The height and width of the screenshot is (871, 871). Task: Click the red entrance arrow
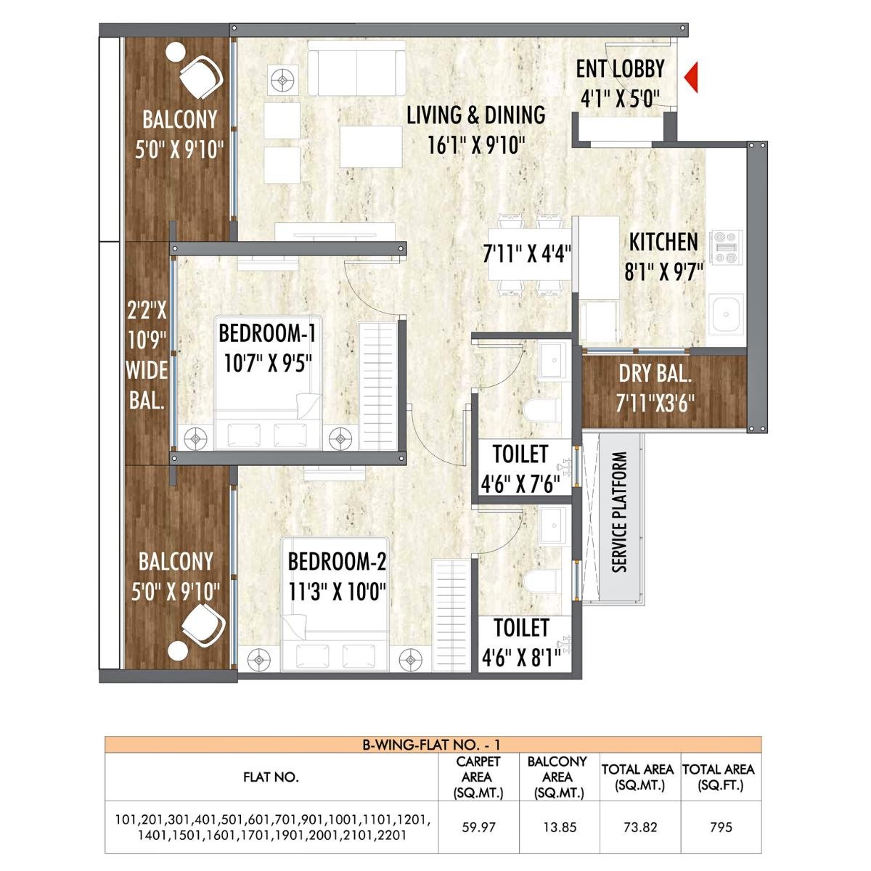click(x=692, y=78)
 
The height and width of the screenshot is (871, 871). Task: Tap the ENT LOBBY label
click(x=620, y=69)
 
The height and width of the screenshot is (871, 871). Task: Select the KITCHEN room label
click(x=663, y=242)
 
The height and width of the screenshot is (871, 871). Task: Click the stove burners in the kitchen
click(x=726, y=248)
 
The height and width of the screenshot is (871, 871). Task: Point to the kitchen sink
click(x=726, y=314)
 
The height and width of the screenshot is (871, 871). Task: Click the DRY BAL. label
click(x=655, y=375)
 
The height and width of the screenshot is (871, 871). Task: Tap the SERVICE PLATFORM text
click(x=619, y=512)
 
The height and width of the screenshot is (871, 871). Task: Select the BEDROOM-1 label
click(x=267, y=334)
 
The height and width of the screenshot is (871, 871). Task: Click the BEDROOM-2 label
click(x=337, y=562)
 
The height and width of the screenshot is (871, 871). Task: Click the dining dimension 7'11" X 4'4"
click(x=527, y=254)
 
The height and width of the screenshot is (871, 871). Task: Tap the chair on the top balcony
click(x=200, y=77)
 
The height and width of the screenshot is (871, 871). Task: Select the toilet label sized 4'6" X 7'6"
click(x=520, y=484)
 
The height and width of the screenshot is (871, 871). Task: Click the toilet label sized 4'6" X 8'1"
click(x=520, y=658)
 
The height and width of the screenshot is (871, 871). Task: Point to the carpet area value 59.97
click(x=478, y=827)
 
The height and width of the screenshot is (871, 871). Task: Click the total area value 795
click(x=721, y=827)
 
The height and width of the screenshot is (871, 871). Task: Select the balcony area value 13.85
click(x=559, y=827)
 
